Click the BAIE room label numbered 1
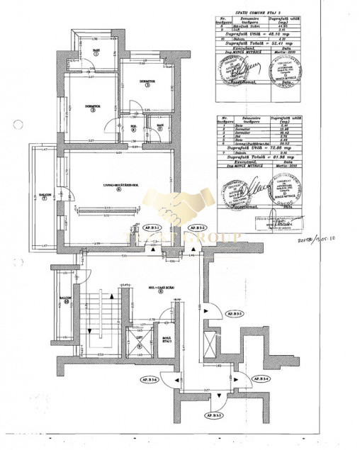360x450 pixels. (x=94, y=52)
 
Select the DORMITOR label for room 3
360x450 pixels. (x=147, y=84)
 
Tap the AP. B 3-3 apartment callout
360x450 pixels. (x=235, y=313)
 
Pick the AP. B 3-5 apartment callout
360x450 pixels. (x=220, y=414)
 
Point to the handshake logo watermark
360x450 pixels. (x=180, y=213)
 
